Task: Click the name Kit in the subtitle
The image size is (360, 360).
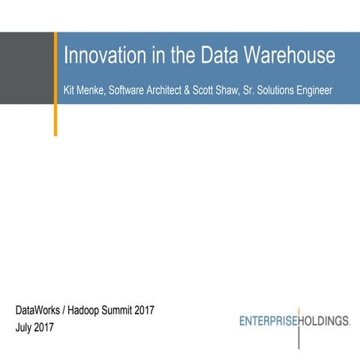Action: click(x=69, y=91)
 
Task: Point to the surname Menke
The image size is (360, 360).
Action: click(x=94, y=91)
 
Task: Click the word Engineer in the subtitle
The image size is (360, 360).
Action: click(x=330, y=91)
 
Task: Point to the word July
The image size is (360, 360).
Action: click(x=25, y=327)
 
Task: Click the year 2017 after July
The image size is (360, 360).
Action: click(x=51, y=327)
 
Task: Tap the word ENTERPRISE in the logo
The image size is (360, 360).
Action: click(x=268, y=321)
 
